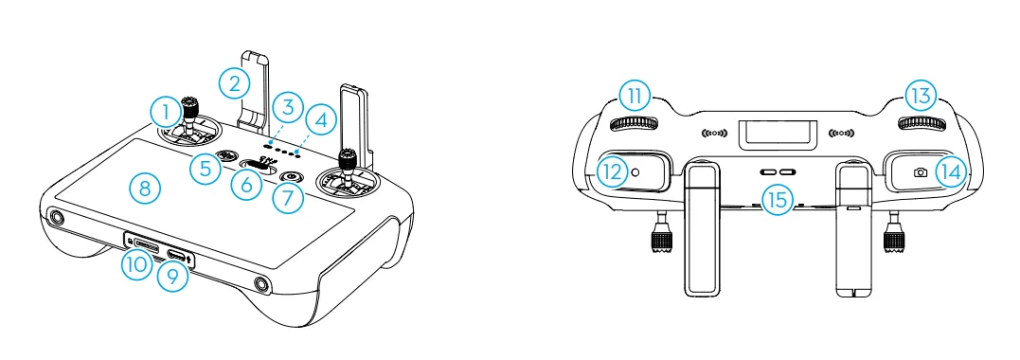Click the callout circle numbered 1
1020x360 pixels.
pos(167,112)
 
